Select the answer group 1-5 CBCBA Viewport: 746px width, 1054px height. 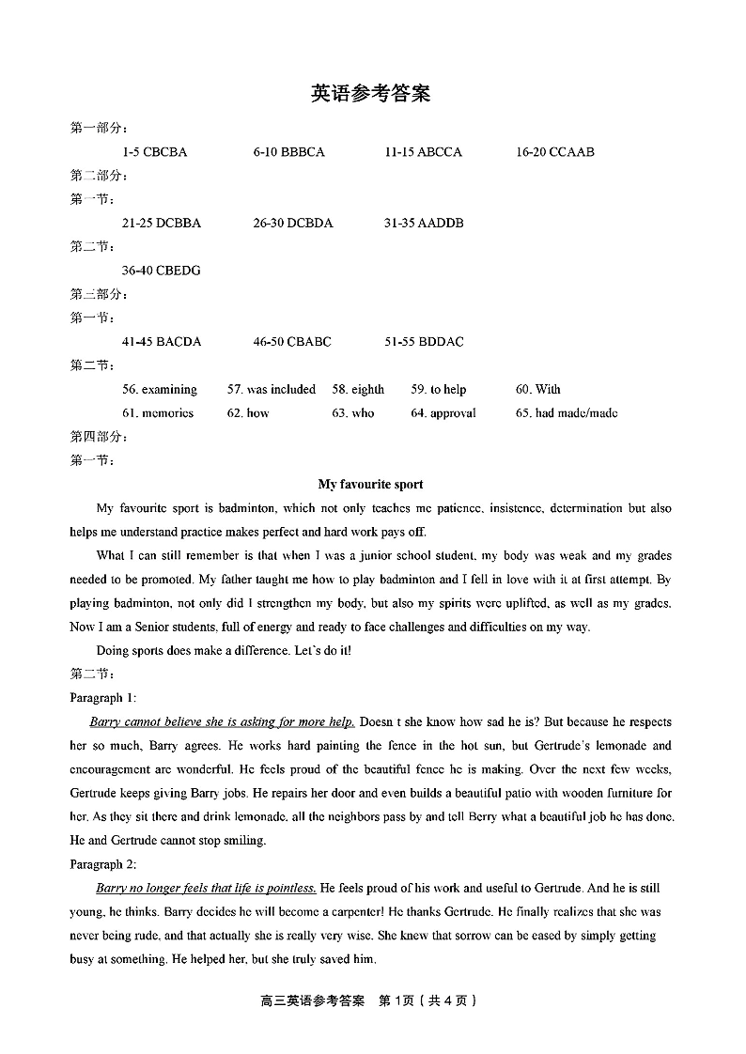click(154, 152)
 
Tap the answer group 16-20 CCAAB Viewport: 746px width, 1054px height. click(555, 152)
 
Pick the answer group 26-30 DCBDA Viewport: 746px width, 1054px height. click(292, 224)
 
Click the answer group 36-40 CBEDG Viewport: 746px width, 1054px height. click(161, 271)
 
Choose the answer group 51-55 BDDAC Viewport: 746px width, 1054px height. click(424, 342)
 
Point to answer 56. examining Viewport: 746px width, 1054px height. click(160, 390)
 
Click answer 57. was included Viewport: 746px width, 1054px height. click(272, 390)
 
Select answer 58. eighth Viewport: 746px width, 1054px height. click(358, 390)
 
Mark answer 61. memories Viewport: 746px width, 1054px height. click(158, 413)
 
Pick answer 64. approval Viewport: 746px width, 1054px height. click(443, 413)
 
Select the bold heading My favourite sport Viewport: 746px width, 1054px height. click(370, 485)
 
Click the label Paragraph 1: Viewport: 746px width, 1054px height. click(103, 698)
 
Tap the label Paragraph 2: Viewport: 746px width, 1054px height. click(103, 864)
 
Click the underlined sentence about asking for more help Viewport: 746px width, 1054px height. click(222, 722)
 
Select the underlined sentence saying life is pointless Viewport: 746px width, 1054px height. click(207, 889)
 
